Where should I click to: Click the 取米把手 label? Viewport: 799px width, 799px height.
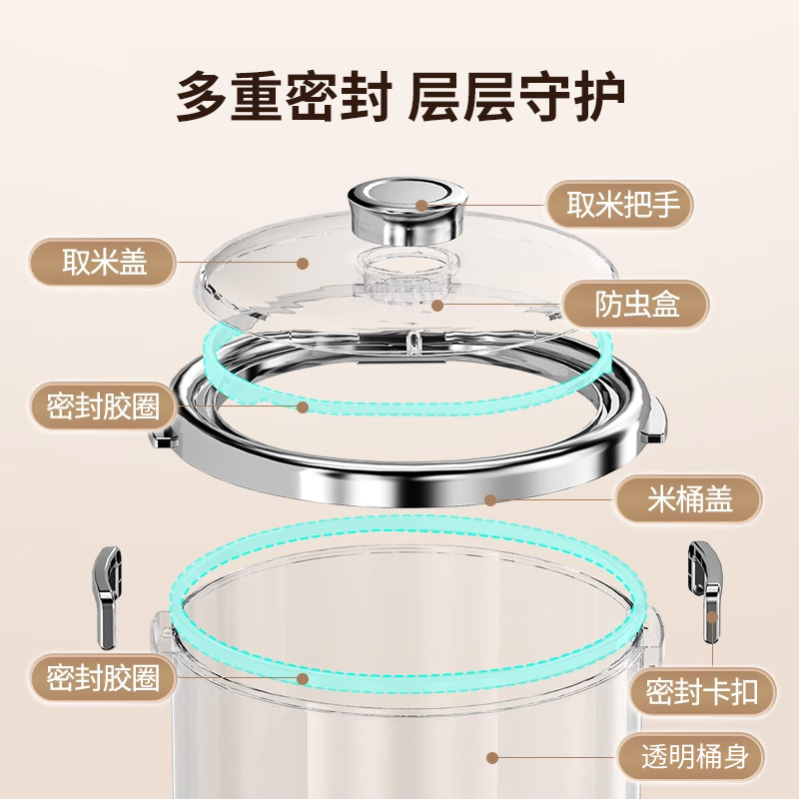point(620,205)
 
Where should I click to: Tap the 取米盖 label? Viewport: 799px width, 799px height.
point(102,262)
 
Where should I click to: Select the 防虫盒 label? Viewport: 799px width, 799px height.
point(636,305)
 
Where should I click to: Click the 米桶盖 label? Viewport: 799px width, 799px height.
point(689,498)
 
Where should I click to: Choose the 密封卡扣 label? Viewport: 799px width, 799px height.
point(702,691)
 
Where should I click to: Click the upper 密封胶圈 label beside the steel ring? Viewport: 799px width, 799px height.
point(102,406)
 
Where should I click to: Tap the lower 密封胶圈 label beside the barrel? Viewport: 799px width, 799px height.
point(102,678)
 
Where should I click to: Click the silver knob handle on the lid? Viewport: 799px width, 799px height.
point(407,209)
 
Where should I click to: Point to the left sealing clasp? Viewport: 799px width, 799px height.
point(107,596)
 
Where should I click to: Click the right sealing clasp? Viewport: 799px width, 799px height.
point(706,591)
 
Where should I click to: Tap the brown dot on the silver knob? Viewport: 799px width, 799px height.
point(420,205)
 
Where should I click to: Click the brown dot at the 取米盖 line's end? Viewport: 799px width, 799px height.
point(303,263)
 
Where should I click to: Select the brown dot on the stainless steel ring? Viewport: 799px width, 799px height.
point(490,500)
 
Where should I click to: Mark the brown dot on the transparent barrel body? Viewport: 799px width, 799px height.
point(491,758)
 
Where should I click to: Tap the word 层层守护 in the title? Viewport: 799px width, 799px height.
point(516,96)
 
